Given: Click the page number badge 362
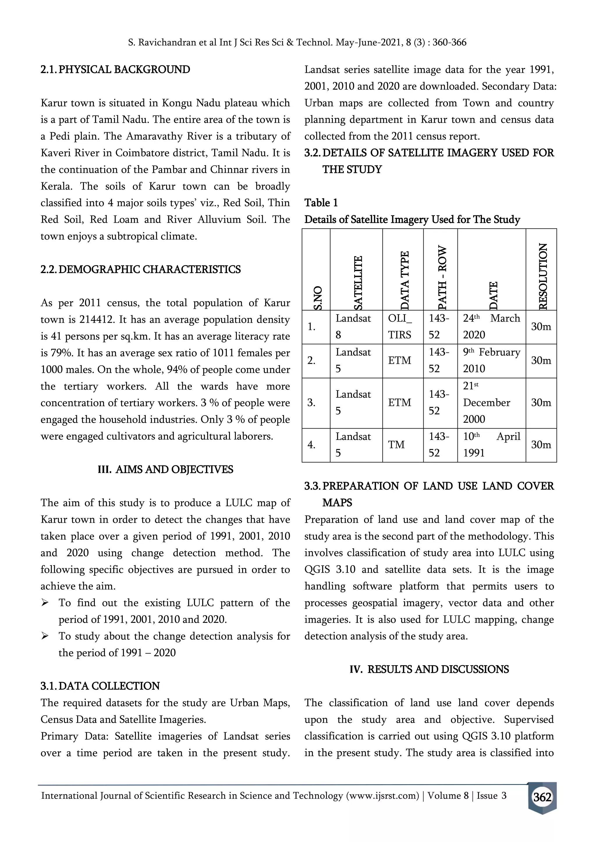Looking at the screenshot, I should click(x=542, y=797).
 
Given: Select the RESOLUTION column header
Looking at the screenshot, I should click(x=543, y=276).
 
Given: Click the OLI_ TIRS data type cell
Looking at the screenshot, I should click(x=400, y=327).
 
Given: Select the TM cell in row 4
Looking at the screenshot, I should click(x=396, y=445).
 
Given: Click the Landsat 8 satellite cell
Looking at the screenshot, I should click(x=353, y=327).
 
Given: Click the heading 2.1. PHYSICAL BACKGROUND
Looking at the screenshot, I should click(x=115, y=70).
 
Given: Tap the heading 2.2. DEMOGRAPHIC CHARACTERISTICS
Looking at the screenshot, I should click(x=141, y=270).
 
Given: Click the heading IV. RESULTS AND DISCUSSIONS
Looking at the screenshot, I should click(x=429, y=669).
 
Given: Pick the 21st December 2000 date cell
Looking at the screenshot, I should click(x=487, y=403).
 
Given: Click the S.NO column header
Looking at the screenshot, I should click(x=318, y=297).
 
